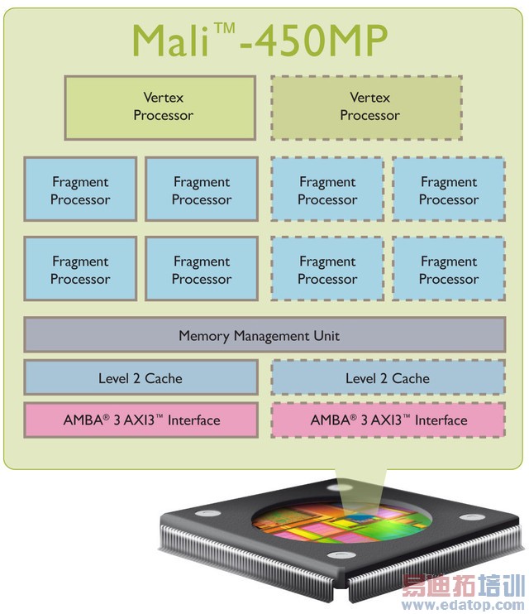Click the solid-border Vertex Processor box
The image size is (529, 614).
pos(160,108)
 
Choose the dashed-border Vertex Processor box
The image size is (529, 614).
pos(367,108)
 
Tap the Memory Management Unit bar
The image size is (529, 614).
pos(264,336)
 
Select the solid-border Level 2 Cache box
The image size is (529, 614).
pos(141,378)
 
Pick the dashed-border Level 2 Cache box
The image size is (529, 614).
pos(388,378)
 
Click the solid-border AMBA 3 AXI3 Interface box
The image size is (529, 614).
pos(141,420)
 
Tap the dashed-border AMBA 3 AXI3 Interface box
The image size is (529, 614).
pos(388,420)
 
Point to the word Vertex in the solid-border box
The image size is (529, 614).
pos(163,98)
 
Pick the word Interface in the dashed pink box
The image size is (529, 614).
pos(441,420)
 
